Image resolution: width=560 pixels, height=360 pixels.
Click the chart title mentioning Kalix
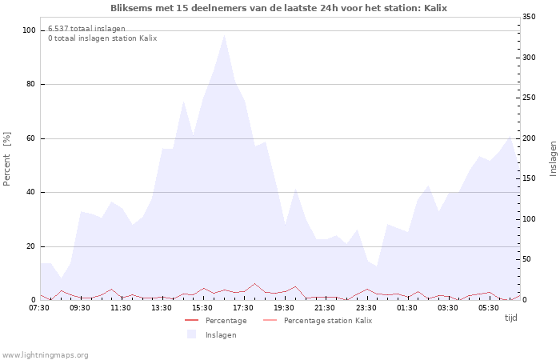coord(279,8)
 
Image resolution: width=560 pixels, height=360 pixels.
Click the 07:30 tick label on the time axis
coord(39,307)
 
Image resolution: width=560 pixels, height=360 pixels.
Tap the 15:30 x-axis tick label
coord(202,307)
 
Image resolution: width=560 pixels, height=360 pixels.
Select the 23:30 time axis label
coord(366,307)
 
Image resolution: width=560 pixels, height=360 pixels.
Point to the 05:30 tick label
coord(488,307)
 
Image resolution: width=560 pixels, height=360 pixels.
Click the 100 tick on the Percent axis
coord(30,30)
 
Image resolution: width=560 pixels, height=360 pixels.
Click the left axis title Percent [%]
coord(7,158)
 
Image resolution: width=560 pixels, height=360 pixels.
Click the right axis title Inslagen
coord(553,158)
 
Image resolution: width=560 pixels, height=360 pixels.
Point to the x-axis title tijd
coord(510,318)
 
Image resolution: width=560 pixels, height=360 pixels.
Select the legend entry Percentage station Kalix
coord(327,320)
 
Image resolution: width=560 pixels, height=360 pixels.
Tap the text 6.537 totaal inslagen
coord(86,29)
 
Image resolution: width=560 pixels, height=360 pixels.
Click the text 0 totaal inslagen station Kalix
coord(102,38)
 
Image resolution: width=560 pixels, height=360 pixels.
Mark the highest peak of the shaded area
coord(224,34)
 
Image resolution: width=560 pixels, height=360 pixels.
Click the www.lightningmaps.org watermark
coord(46,354)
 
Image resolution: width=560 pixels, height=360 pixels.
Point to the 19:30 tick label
coord(284,307)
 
